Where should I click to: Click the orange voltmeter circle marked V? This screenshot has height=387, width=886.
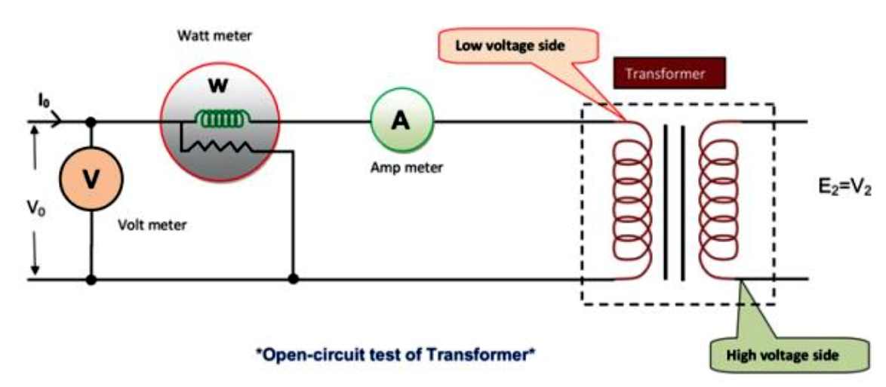[x=91, y=179]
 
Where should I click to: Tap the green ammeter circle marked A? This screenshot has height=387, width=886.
[x=401, y=121]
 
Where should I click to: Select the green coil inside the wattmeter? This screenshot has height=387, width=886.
[x=222, y=119]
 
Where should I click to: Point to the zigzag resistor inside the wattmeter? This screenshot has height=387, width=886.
[x=217, y=147]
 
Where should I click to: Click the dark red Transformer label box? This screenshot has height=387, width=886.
[x=669, y=73]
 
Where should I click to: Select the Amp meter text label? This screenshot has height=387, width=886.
[x=407, y=167]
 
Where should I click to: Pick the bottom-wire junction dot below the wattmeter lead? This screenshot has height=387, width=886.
[x=293, y=278]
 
